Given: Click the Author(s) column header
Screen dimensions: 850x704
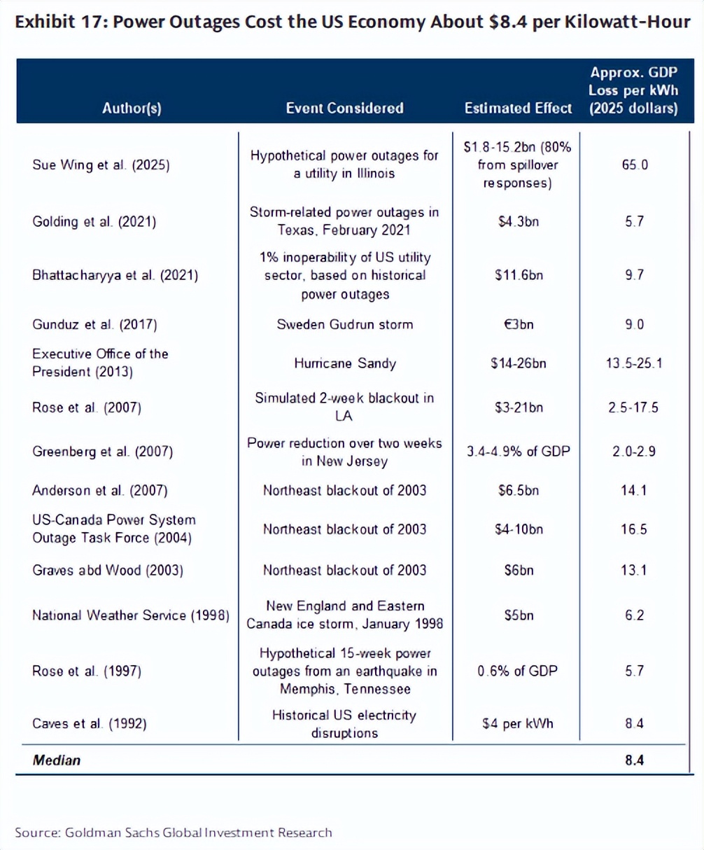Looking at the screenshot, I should pos(132,109).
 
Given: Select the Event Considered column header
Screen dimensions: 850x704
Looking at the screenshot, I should pos(344,109).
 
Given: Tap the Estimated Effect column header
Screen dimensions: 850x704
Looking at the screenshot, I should pos(518,109).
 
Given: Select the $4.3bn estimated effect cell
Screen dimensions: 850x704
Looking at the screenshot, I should pos(518,222).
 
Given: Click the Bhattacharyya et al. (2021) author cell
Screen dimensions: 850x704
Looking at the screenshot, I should pos(115,275).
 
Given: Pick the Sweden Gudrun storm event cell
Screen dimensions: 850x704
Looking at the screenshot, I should pos(344,324).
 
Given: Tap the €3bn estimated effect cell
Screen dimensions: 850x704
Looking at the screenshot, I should pos(518,324).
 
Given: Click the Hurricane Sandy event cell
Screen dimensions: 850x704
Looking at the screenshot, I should pos(344,363).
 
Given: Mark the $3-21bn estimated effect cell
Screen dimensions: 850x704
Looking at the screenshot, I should pos(518,407).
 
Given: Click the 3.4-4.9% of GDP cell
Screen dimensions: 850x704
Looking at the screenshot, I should pos(518,452).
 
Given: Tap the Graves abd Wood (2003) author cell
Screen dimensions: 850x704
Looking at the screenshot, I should pos(108,570).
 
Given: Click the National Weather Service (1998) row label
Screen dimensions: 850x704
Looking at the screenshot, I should pos(131,615).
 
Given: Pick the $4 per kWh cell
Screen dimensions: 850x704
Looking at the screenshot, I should pos(518,723).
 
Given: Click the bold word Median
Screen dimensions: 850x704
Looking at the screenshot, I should pos(57,760).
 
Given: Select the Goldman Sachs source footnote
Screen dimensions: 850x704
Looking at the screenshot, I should pos(174,832).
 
